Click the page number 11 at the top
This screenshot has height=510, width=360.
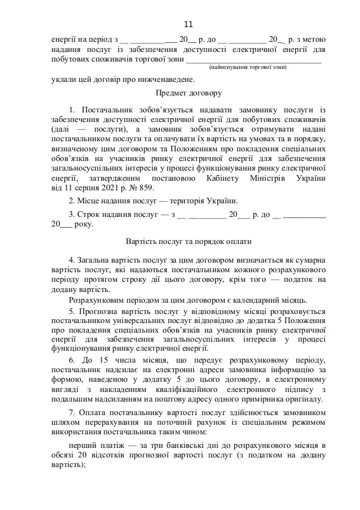188,24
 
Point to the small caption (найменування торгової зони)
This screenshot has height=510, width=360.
248,67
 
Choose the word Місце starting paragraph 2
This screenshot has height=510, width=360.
87,201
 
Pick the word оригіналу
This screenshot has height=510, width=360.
304,399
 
